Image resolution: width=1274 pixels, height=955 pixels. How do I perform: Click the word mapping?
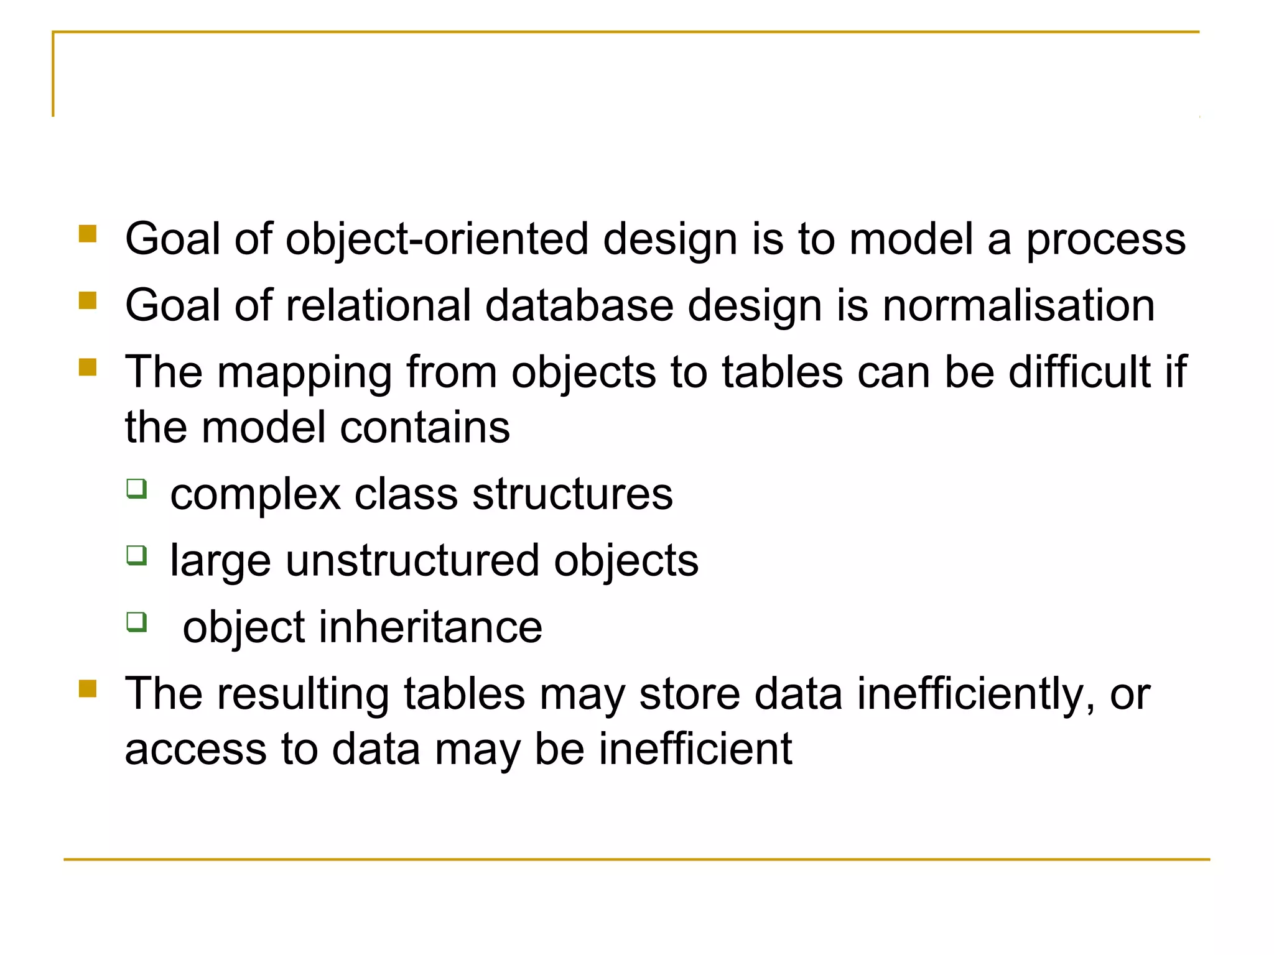coord(304,373)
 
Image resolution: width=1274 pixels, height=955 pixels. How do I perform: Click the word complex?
coord(255,495)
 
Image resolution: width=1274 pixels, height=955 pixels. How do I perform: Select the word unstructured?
coord(412,561)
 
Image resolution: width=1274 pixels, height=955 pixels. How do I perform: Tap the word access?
coord(195,749)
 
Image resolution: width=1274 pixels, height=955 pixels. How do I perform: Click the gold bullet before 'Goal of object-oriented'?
coord(88,234)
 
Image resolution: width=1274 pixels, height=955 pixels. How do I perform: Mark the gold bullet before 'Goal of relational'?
coord(88,300)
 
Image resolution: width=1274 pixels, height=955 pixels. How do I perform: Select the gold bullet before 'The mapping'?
coord(88,367)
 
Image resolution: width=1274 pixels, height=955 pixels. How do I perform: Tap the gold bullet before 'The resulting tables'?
coord(88,689)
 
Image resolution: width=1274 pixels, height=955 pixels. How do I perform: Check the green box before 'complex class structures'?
coord(137,489)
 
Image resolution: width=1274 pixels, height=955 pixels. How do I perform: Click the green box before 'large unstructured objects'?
coord(137,555)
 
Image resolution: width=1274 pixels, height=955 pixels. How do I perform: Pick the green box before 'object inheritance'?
coord(137,621)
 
